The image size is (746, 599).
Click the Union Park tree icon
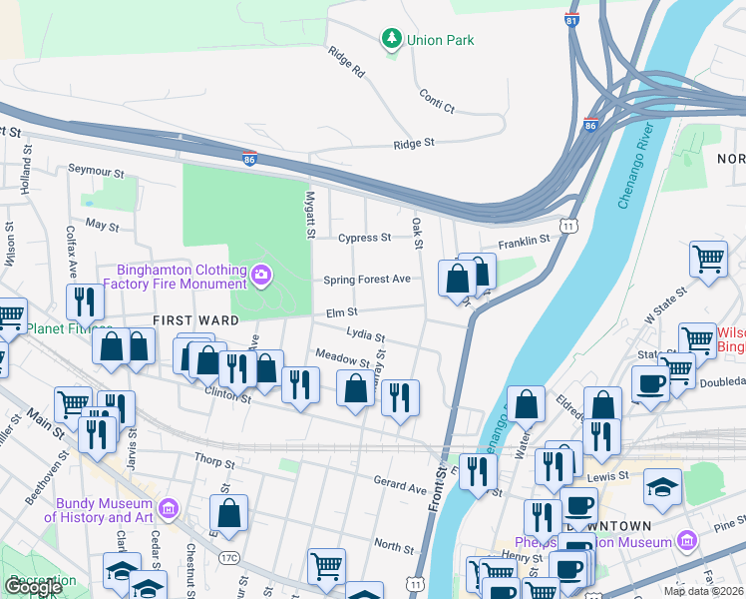(x=392, y=40)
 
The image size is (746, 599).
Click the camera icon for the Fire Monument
(x=261, y=275)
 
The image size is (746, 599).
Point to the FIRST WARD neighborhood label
(x=194, y=320)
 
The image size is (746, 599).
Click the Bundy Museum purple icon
(x=167, y=511)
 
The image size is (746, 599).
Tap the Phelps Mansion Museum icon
(x=686, y=541)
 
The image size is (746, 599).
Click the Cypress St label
(x=364, y=238)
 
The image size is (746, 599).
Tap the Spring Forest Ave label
(x=366, y=280)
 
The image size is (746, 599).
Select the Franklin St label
(x=525, y=241)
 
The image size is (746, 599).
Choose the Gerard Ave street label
(x=399, y=485)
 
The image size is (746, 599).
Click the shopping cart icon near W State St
(x=707, y=258)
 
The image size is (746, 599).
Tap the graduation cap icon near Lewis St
(x=663, y=486)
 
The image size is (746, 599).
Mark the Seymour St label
(x=95, y=169)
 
